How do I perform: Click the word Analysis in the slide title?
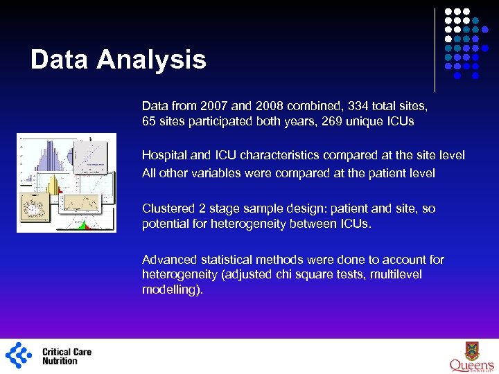(x=152, y=60)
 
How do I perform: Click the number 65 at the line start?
(x=149, y=121)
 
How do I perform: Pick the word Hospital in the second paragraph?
(x=164, y=155)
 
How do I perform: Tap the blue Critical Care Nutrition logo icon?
(x=19, y=355)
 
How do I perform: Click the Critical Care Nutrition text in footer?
(x=67, y=356)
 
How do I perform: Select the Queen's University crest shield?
(x=471, y=349)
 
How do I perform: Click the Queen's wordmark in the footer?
(x=471, y=365)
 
